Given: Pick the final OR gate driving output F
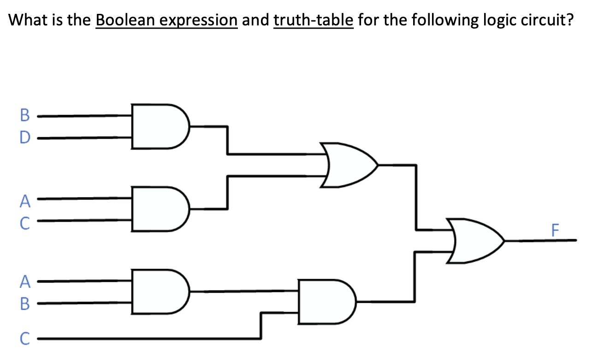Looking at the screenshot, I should click(475, 240).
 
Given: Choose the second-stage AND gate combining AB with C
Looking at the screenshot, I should click(326, 302).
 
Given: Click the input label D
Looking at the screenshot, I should click(25, 137).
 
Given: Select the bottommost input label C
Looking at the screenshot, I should click(25, 339).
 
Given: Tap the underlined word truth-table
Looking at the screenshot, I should click(314, 21).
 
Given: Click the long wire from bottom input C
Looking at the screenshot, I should click(148, 339).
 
